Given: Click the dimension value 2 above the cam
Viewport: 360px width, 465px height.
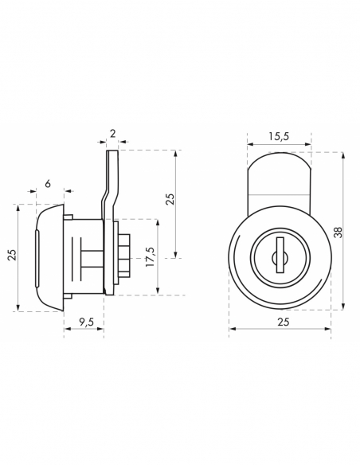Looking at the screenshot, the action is pyautogui.click(x=112, y=134).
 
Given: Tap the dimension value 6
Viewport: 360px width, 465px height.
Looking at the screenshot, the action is pyautogui.click(x=48, y=184).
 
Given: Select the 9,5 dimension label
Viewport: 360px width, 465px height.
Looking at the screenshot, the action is pyautogui.click(x=86, y=322).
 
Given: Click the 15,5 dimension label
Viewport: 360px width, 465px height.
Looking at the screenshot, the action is pyautogui.click(x=279, y=136).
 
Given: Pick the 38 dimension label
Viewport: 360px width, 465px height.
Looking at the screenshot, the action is pyautogui.click(x=338, y=232).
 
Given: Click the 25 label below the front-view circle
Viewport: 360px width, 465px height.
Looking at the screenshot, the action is pyautogui.click(x=284, y=322).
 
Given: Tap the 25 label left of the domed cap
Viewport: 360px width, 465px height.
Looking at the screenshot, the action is pyautogui.click(x=13, y=255).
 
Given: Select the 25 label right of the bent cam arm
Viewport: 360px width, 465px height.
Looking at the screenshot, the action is pyautogui.click(x=170, y=199).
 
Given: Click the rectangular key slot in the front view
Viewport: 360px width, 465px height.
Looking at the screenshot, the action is pyautogui.click(x=280, y=255).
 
